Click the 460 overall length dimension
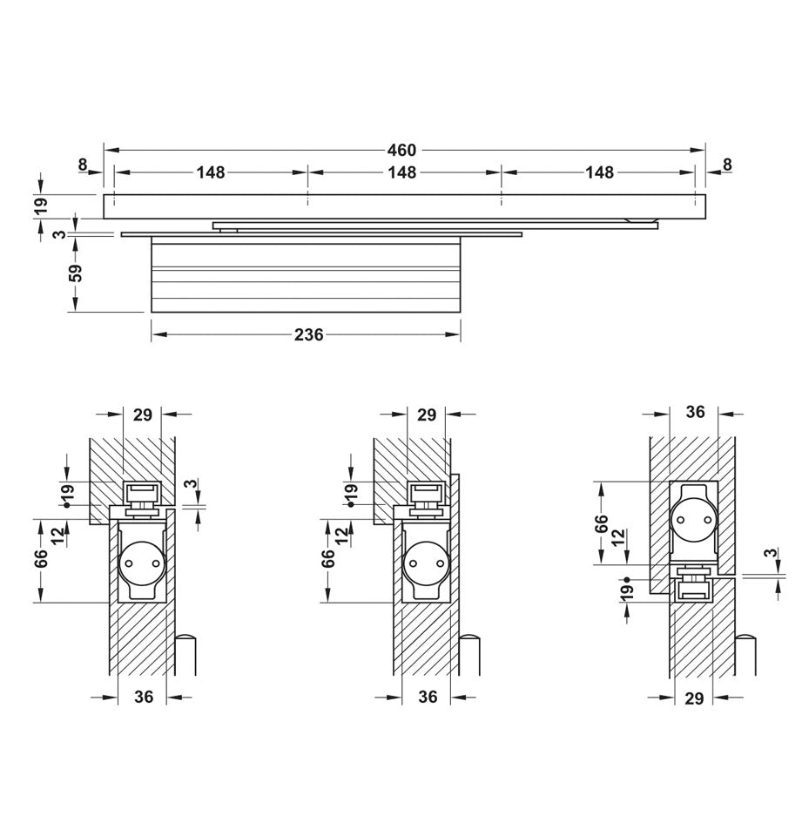401,150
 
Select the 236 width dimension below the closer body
308,334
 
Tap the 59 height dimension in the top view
76,273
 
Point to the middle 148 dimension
401,172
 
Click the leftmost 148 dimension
210,172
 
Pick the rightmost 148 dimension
599,172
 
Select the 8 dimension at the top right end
727,163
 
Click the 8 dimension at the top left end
83,163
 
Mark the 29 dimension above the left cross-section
143,415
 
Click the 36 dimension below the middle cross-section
428,697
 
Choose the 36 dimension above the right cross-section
694,412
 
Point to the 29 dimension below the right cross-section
693,698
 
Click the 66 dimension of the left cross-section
41,559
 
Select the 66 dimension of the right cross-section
602,524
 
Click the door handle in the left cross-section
185,654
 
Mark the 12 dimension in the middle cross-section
340,532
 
